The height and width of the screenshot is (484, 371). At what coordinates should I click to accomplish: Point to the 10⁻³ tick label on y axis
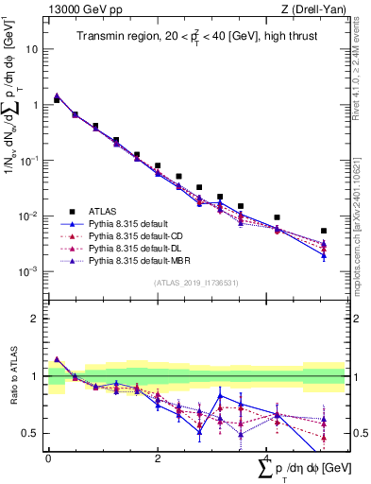(30, 271)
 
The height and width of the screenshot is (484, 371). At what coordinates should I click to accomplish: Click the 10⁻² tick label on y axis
(30, 216)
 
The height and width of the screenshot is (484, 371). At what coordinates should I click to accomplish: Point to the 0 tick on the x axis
(48, 458)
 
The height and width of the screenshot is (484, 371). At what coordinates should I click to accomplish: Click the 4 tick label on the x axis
(267, 458)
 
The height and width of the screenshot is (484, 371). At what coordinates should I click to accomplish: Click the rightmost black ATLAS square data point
(324, 231)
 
